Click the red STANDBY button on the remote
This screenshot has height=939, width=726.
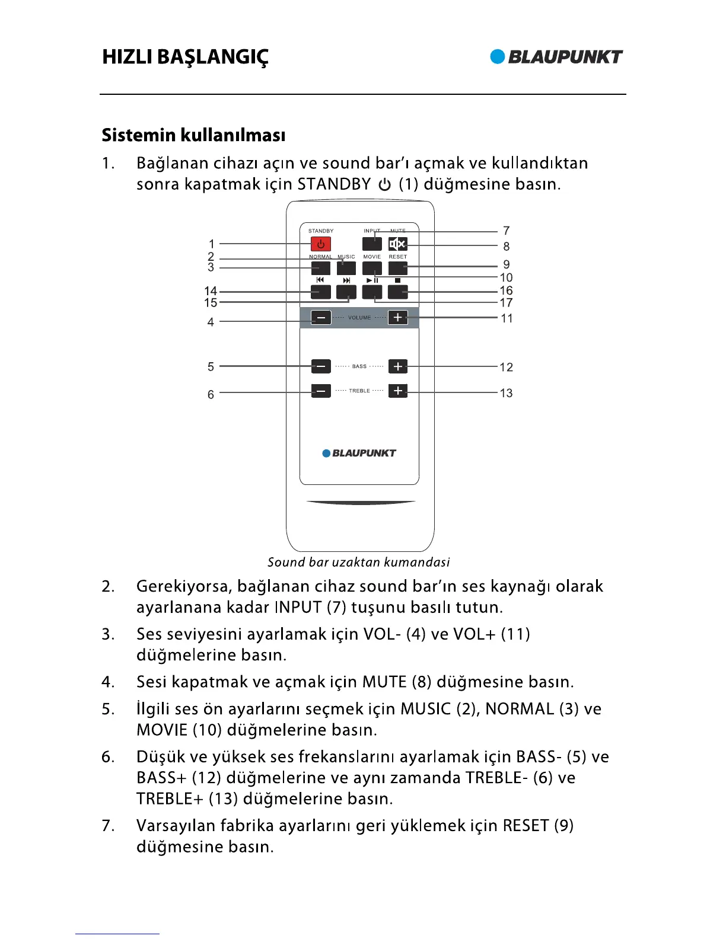click(x=321, y=244)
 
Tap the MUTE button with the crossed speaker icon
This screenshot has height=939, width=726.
click(x=397, y=244)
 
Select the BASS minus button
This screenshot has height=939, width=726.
click(x=321, y=366)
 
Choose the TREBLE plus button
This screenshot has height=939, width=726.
click(x=397, y=391)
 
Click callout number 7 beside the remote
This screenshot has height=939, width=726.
click(x=506, y=231)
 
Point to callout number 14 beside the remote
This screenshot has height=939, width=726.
click(x=211, y=291)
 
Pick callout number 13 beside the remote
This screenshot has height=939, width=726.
click(x=506, y=393)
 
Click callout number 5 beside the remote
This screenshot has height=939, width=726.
click(x=211, y=367)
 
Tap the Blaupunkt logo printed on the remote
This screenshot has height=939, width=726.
click(x=359, y=453)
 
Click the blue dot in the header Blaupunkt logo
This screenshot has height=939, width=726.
click(x=498, y=56)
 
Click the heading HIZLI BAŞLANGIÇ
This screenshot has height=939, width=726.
click(x=185, y=57)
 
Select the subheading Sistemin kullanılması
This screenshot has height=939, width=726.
click(x=193, y=135)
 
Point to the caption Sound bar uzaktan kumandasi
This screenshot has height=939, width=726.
click(x=358, y=562)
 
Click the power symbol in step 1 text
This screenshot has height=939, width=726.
click(x=384, y=184)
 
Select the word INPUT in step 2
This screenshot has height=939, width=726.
click(x=298, y=607)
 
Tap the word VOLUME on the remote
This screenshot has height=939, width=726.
click(x=359, y=318)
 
